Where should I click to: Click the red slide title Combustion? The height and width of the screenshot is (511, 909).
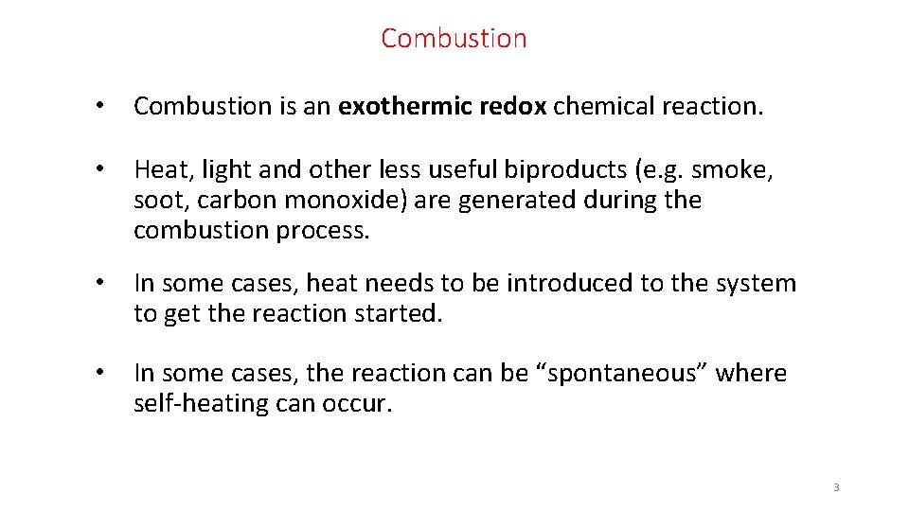[454, 39]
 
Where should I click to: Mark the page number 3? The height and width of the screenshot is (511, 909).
[836, 488]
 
